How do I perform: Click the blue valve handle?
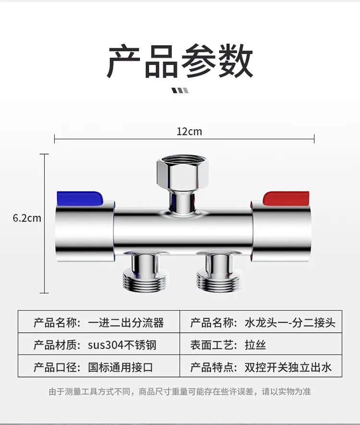tap(80, 198)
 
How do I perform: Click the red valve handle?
tap(286, 198)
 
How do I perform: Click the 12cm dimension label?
tap(189, 132)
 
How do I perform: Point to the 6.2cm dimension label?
tap(27, 218)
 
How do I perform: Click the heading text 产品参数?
tap(180, 61)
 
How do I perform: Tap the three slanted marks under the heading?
tap(180, 90)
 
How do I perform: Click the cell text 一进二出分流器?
tap(126, 323)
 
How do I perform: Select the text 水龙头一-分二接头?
tap(290, 323)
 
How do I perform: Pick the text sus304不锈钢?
tap(122, 345)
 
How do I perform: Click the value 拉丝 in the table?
tap(255, 345)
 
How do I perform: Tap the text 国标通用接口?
tap(120, 367)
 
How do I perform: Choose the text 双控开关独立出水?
tap(288, 367)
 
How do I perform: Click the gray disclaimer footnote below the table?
tap(180, 391)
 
